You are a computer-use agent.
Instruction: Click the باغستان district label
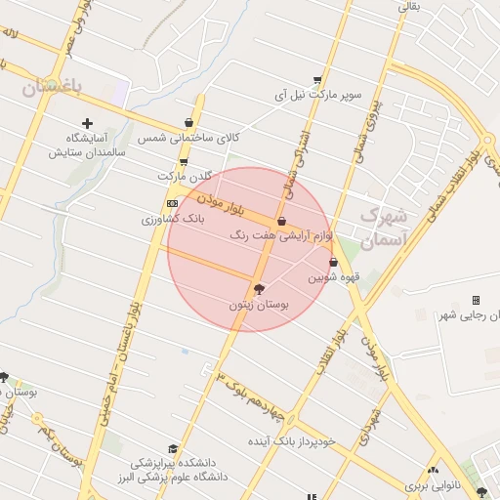click(x=53, y=87)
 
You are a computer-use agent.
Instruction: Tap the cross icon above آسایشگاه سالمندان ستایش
click(x=88, y=123)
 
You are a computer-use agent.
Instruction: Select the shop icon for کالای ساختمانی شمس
click(x=187, y=123)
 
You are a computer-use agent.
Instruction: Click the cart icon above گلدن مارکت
click(x=183, y=161)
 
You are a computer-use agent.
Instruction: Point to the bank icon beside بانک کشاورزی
click(x=172, y=203)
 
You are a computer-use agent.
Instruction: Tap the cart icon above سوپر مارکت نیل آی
click(x=317, y=80)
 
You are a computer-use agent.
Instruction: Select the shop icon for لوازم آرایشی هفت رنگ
click(x=281, y=222)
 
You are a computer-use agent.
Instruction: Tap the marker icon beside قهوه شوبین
click(x=334, y=262)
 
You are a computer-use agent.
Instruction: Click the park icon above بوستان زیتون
click(x=258, y=288)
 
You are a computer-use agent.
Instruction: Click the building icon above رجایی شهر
click(x=476, y=300)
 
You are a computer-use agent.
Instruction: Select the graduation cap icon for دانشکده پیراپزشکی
click(x=173, y=447)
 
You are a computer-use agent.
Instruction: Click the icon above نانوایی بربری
click(x=433, y=471)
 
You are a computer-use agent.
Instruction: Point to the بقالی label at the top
click(x=407, y=7)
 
